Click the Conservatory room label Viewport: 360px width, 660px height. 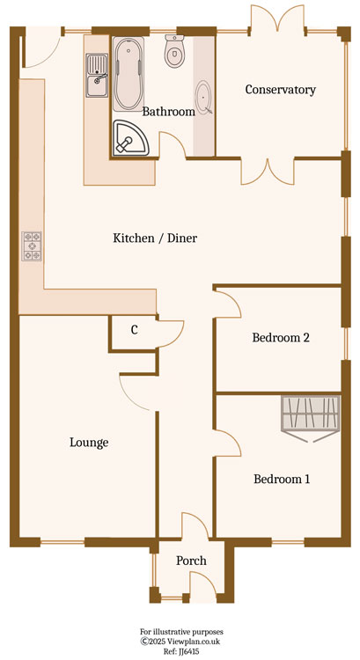click(281, 90)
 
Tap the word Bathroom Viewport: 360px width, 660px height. click(168, 112)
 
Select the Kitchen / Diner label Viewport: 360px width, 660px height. click(155, 238)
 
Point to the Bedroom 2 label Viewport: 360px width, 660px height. click(281, 338)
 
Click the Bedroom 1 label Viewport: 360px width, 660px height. click(282, 479)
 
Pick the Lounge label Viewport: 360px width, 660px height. click(89, 443)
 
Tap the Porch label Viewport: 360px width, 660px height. click(191, 561)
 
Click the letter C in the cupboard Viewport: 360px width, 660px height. click(135, 330)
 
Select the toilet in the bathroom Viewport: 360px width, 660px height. click(173, 51)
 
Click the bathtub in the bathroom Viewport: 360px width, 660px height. click(129, 75)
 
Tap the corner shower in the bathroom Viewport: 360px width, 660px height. click(131, 138)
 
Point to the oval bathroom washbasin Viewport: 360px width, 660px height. click(204, 97)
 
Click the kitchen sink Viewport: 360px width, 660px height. click(97, 76)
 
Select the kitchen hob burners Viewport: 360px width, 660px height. click(32, 246)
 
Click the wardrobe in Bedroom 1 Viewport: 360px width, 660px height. click(311, 418)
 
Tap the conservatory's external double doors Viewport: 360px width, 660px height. click(277, 18)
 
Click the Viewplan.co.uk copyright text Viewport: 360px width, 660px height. click(181, 642)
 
